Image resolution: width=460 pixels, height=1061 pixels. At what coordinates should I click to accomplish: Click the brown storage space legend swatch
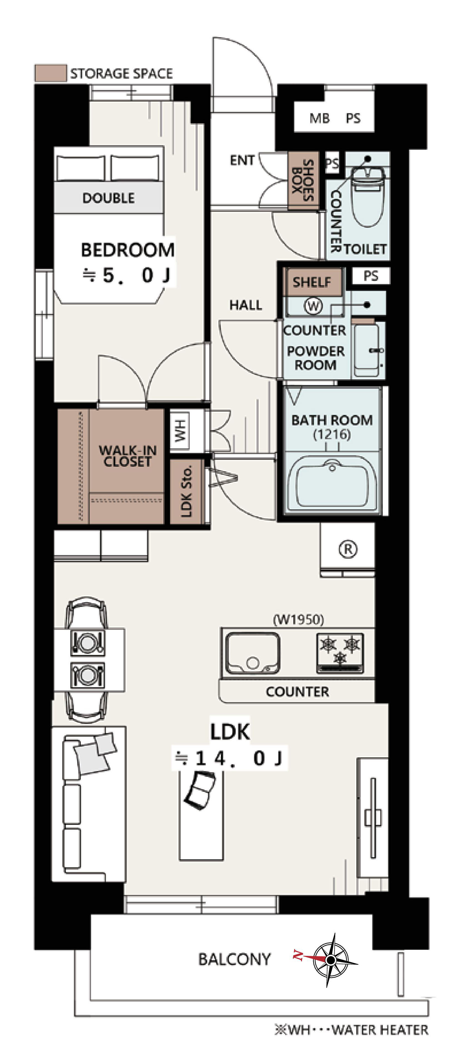50,73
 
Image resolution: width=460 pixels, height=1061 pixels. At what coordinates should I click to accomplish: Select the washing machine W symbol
313,306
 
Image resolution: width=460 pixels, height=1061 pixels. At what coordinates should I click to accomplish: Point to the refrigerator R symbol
348,549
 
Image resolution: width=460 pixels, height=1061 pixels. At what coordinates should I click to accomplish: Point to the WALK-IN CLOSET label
128,456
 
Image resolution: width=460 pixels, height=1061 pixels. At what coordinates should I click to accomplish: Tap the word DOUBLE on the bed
108,198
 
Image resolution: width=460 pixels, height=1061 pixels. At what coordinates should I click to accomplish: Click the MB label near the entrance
320,119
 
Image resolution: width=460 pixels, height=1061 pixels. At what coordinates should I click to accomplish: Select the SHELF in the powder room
312,282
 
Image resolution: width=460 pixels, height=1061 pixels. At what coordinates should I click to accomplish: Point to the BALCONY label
234,959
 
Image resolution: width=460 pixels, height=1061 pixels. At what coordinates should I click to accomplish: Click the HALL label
245,305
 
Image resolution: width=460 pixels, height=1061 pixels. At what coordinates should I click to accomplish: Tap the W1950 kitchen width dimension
298,619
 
